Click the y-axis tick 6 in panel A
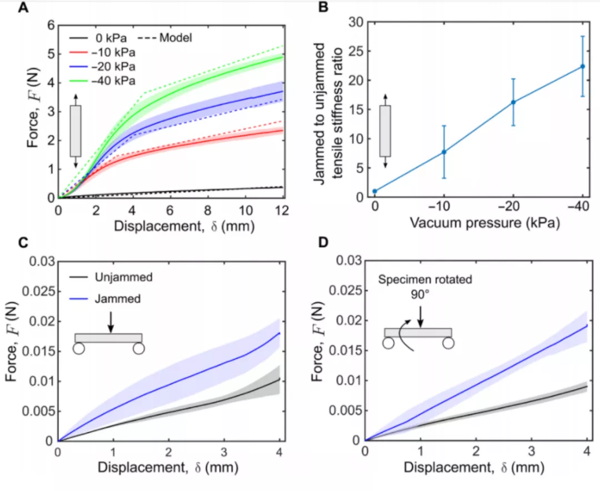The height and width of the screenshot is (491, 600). point(51,26)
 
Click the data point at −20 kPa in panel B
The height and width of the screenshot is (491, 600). point(513,102)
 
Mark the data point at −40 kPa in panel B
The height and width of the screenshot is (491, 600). point(583,66)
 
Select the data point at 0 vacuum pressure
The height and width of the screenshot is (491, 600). point(375,191)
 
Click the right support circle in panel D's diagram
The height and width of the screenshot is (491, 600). point(448,343)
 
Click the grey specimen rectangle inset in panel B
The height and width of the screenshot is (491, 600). point(385,131)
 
